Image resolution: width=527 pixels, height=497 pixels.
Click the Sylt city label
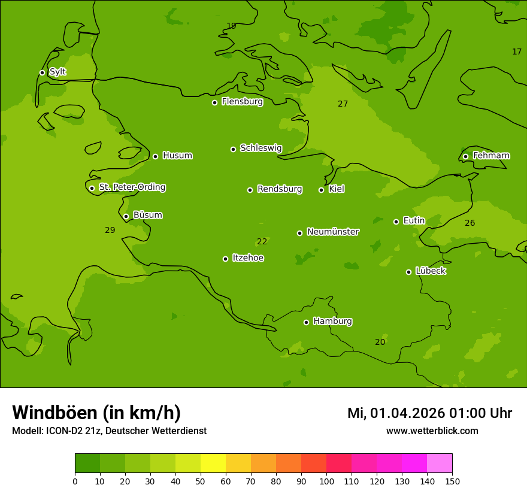point(57,72)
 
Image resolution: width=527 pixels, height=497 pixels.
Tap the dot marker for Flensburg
point(214,102)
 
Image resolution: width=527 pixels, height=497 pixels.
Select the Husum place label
point(177,156)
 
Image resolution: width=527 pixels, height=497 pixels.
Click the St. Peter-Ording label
point(132,187)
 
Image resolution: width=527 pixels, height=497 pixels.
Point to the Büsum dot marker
point(126,216)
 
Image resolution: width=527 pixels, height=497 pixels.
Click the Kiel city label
point(337,189)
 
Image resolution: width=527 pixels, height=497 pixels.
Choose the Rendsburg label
point(279,189)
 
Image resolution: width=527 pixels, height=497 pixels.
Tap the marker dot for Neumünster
point(299,233)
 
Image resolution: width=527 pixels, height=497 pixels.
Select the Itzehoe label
point(248,258)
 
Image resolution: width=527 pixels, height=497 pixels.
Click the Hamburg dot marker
point(306,322)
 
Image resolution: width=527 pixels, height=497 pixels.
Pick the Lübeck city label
point(431,271)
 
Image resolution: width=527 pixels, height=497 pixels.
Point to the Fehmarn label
point(491,156)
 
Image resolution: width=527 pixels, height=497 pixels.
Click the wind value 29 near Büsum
point(110,230)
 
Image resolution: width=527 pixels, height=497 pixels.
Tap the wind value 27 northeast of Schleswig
point(343,104)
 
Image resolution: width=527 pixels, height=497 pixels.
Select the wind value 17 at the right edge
point(517,51)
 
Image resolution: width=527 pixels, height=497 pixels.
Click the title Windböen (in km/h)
point(96,413)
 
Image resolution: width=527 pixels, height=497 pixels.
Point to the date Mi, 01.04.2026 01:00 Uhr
point(429,413)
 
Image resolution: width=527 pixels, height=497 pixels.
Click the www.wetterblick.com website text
point(432,431)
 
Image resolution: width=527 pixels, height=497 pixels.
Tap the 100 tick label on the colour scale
point(326,481)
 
